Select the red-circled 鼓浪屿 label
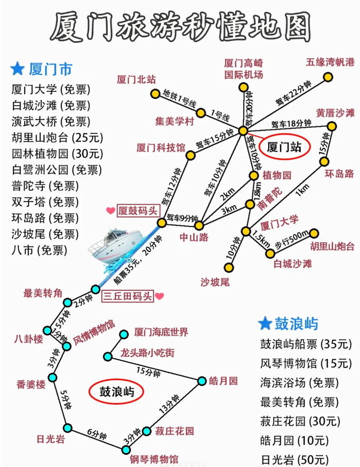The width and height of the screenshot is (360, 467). pos(116,391)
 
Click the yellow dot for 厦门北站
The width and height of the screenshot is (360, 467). pos(155,93)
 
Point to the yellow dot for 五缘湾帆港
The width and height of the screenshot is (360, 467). pos(328,78)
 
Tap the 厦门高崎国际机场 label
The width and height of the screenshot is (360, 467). pos(243,69)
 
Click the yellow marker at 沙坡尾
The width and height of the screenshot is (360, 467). pos(228,268)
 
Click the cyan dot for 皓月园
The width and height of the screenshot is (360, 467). pos(201,381)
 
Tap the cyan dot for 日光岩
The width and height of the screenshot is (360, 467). pos(67,427)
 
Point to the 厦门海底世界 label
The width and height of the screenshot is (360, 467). pos(161,332)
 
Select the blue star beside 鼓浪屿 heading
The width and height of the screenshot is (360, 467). pos(265,324)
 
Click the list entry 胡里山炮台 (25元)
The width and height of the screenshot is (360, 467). pos(57,138)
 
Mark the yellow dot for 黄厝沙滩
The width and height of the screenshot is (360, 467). pos(332,126)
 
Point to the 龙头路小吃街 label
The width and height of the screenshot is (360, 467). pos(147,354)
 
